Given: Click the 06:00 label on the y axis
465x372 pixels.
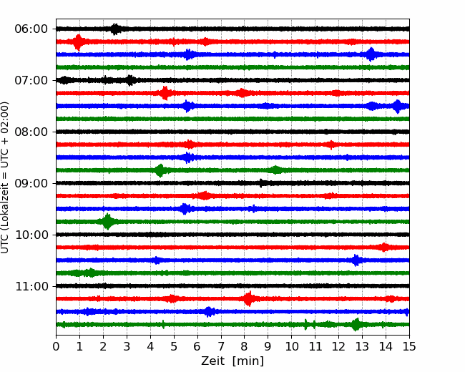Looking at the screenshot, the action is [31, 29].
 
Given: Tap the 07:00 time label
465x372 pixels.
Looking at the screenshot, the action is [31, 80].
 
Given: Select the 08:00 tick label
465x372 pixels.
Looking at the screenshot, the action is [31, 132].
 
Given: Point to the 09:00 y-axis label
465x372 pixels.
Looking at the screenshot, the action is [31, 183].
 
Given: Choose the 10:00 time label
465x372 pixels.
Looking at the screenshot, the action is [31, 235].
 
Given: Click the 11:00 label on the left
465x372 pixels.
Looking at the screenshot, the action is [31, 286].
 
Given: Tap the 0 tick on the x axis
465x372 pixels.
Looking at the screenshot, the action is [56, 346].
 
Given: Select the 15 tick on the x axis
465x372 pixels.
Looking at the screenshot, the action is [409, 346].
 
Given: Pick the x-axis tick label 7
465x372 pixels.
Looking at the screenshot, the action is [221, 346].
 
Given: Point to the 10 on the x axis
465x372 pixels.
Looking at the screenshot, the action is [291, 346].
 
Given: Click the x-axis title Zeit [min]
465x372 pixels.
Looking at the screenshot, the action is [232, 361].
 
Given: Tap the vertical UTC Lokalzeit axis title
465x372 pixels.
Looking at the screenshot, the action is [4, 177].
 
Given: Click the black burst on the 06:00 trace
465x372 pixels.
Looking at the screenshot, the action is [115, 29].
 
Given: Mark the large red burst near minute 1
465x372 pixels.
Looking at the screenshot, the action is [78, 42].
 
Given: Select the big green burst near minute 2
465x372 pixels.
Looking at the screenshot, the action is [107, 222].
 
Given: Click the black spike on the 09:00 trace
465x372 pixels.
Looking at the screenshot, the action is [261, 183].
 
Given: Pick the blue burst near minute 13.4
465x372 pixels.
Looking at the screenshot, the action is [371, 54].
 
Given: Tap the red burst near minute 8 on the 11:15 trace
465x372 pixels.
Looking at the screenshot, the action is [249, 299].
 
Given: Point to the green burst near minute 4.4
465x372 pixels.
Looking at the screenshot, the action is [160, 170].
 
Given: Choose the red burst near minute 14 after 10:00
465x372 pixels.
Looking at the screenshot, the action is [384, 247].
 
